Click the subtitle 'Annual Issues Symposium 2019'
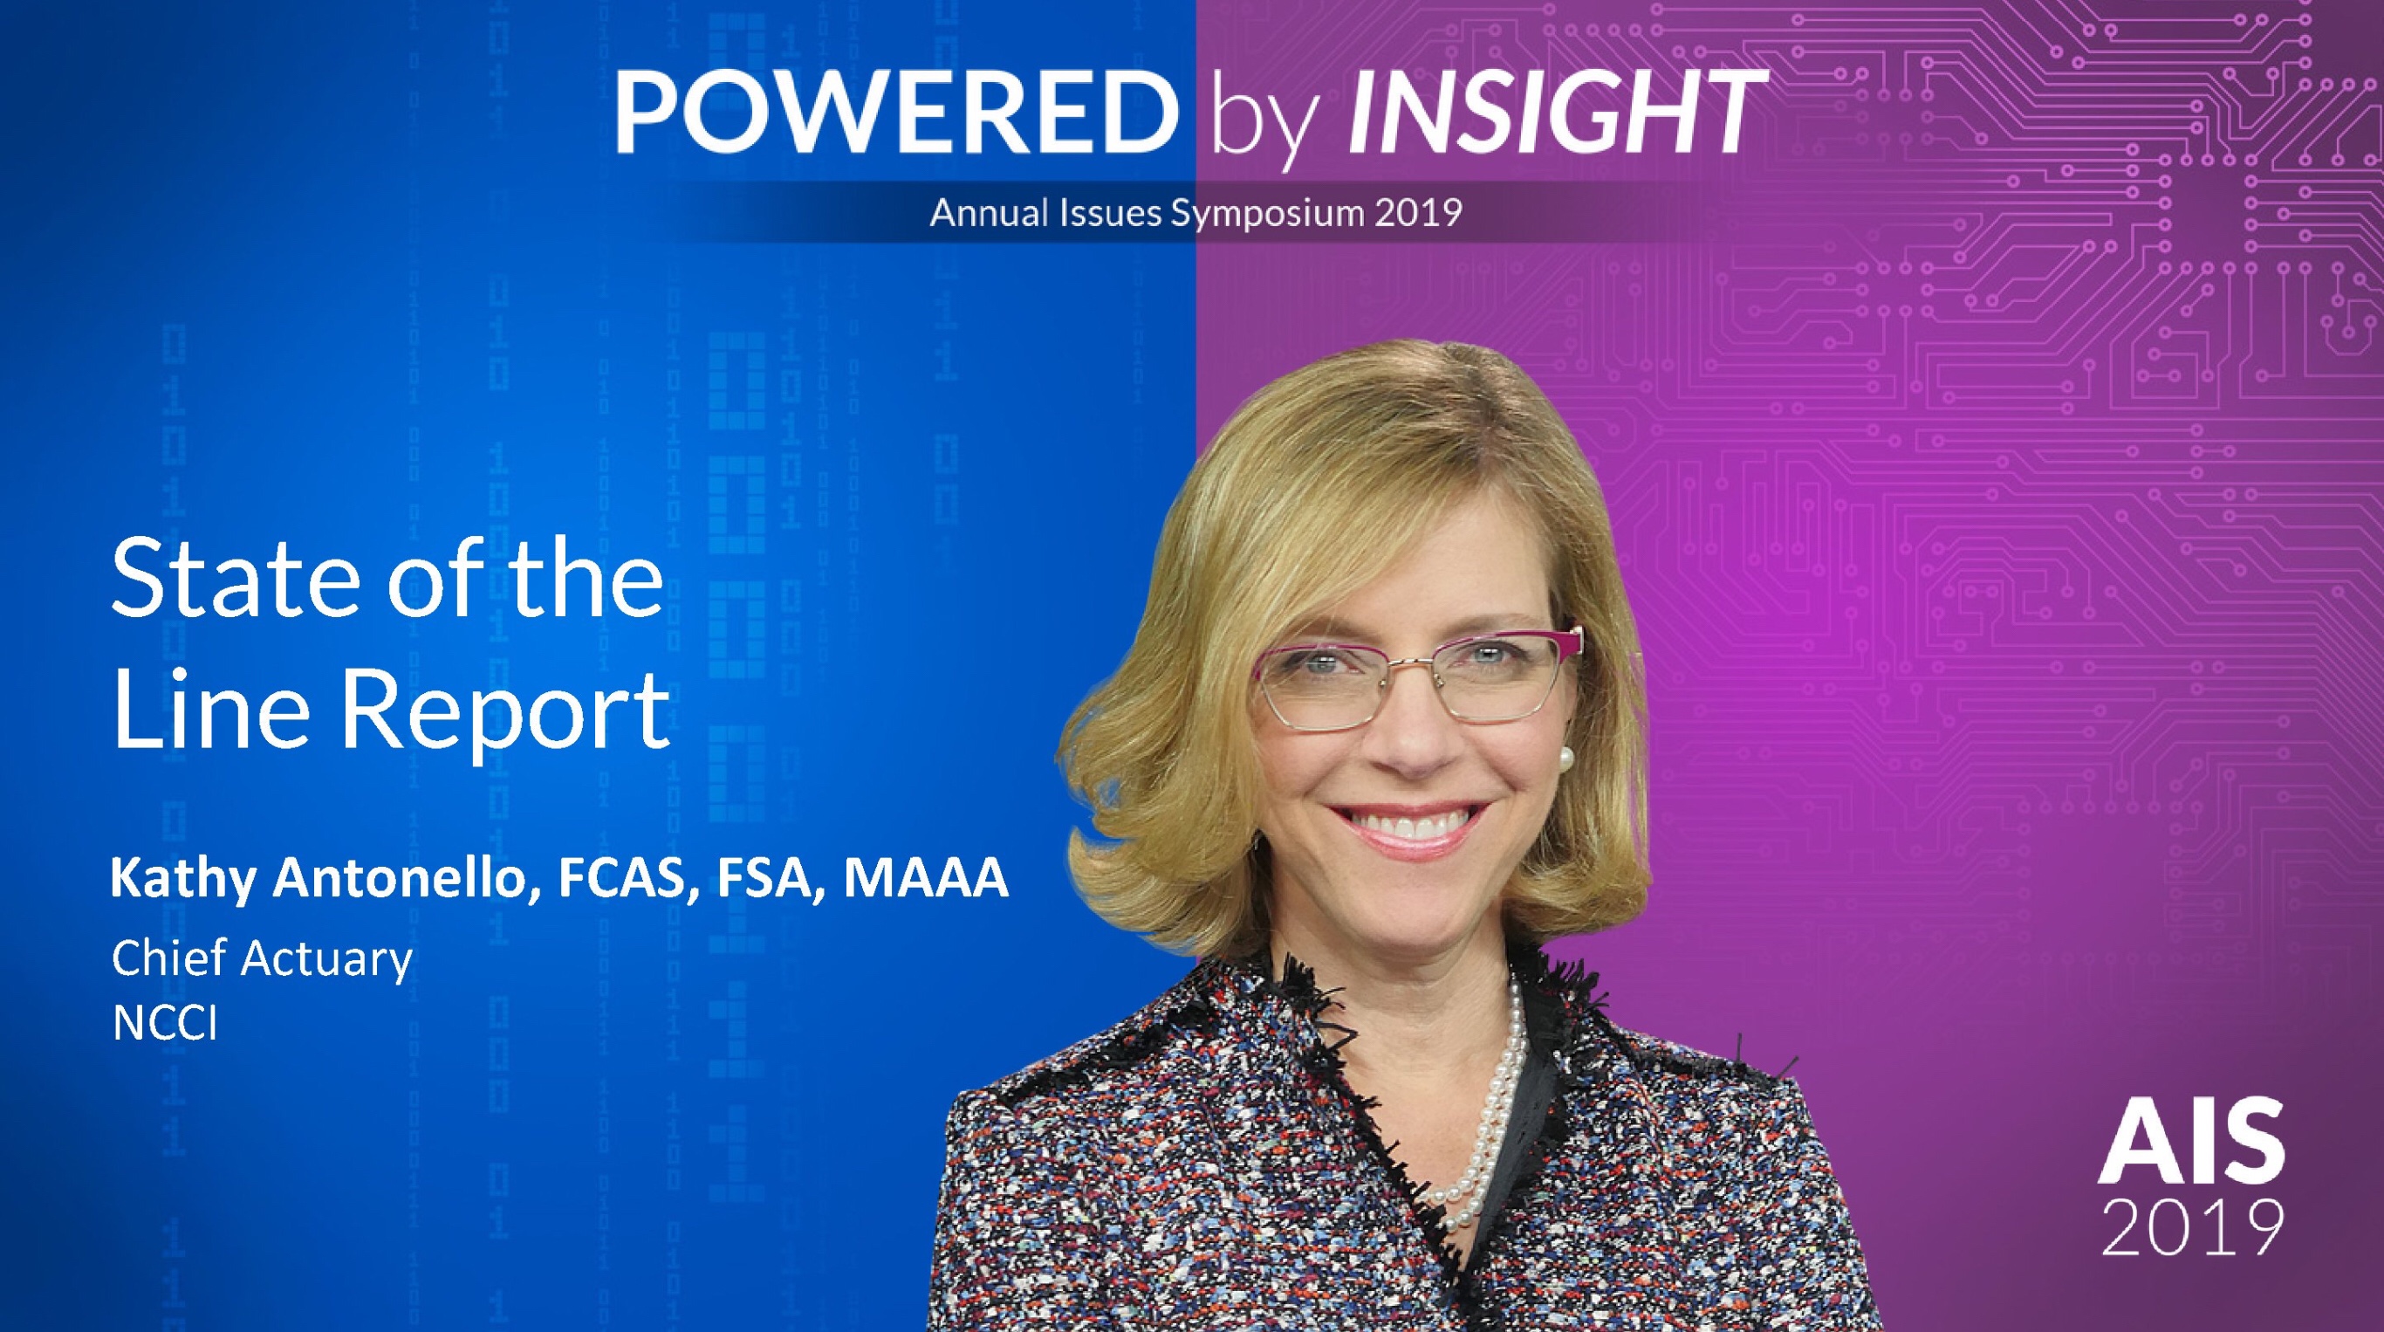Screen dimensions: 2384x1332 (1195, 213)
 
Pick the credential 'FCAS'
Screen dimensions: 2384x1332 (625, 879)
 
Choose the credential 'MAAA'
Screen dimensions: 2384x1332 (926, 878)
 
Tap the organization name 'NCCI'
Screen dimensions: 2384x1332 (165, 1024)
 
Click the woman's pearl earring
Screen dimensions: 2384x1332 (1565, 759)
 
